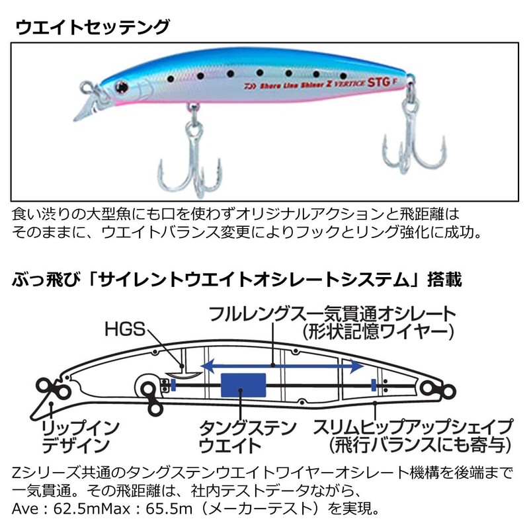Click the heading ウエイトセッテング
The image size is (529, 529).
[x=92, y=27]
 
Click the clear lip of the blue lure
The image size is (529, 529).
[x=87, y=108]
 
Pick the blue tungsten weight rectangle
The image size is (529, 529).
[x=243, y=386]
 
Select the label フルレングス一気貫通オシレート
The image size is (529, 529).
[x=331, y=313]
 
